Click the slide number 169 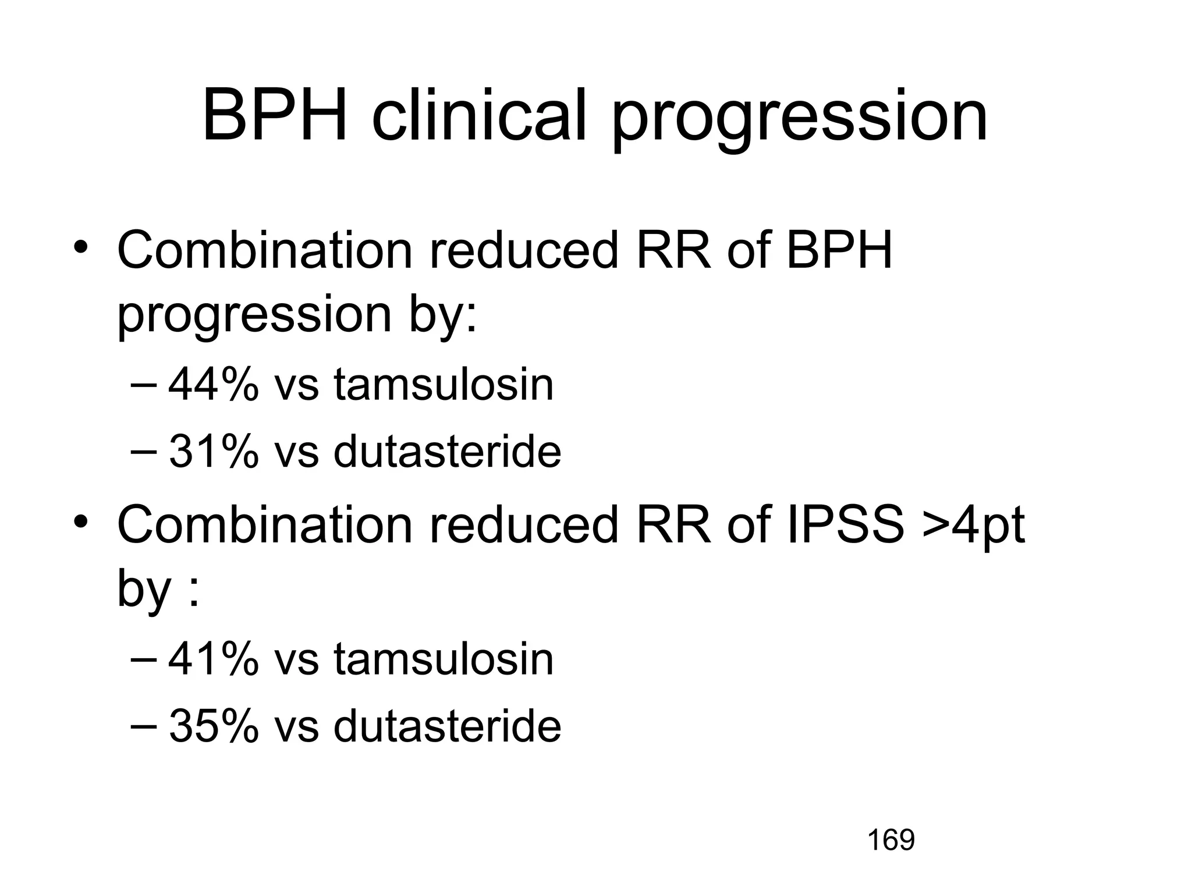point(891,840)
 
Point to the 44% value point(213,385)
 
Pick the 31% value point(213,452)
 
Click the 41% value point(213,659)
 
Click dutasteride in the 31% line point(447,452)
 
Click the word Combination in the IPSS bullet point(265,526)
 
